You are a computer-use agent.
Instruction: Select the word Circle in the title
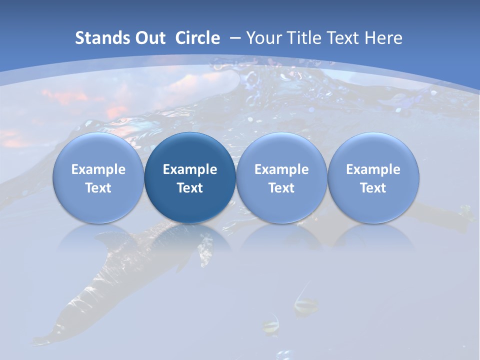point(197,38)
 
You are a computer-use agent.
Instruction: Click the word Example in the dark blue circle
point(190,169)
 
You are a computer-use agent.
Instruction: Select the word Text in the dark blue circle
point(190,188)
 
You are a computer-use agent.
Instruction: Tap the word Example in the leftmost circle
point(98,169)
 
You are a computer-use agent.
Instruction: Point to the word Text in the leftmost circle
point(98,188)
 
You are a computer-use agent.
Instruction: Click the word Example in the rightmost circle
point(373,169)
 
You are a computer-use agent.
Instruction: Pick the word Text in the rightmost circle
point(373,188)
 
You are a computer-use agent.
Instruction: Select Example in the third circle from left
point(281,169)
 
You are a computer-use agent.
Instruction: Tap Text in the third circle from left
point(281,188)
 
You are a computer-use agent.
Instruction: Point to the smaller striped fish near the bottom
point(271,325)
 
